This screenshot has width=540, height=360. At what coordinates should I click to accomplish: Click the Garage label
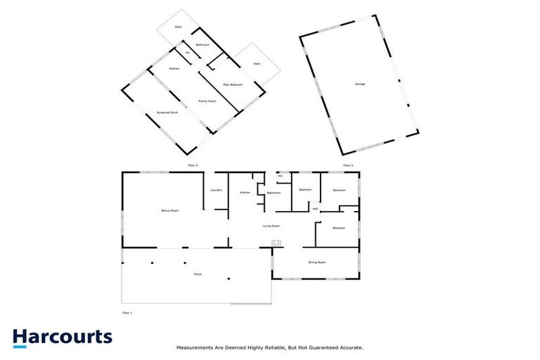359,84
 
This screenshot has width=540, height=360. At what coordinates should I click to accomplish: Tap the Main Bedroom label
233,84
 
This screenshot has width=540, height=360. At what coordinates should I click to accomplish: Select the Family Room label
207,101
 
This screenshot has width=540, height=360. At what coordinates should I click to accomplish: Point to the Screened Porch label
167,112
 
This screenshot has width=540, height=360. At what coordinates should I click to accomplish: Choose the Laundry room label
217,190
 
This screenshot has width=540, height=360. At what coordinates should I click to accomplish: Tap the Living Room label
271,226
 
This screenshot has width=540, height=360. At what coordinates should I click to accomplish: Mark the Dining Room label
317,262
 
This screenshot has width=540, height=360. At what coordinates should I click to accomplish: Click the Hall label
316,209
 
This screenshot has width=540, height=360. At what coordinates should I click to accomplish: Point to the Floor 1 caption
127,312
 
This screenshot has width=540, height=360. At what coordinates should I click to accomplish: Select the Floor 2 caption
193,165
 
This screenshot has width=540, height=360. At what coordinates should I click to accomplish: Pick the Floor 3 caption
347,165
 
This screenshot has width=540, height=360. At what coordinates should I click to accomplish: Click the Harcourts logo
62,337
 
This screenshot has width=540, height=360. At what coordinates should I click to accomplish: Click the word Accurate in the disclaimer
350,347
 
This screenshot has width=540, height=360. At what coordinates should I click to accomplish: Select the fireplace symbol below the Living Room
277,243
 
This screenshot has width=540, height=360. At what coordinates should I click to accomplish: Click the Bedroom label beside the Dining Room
339,228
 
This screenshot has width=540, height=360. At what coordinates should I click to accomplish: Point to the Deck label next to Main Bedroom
257,64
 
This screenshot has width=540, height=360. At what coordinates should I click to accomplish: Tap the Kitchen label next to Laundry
245,192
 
